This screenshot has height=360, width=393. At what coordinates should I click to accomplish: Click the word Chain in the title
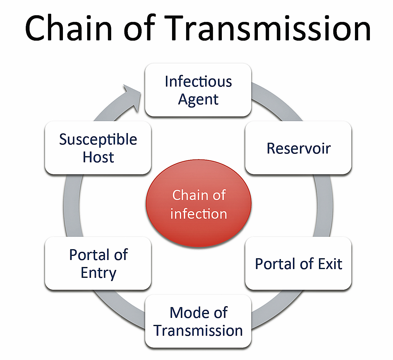click(69, 28)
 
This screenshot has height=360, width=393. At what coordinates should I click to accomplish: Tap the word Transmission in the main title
click(268, 28)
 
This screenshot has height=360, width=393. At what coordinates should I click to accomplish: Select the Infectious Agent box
click(198, 90)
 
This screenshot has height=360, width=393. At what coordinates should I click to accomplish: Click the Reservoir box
click(298, 148)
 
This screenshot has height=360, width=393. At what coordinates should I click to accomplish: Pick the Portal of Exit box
click(298, 263)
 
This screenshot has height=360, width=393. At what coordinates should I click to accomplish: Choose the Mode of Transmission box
click(198, 321)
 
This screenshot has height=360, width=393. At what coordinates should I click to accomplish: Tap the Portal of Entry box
click(98, 263)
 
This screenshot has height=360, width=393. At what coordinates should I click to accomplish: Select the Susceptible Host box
click(98, 148)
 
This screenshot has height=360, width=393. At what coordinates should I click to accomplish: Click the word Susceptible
click(98, 140)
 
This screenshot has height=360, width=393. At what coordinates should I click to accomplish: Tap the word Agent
click(198, 100)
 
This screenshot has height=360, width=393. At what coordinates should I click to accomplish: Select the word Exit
click(330, 264)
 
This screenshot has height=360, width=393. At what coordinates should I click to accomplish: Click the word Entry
click(98, 273)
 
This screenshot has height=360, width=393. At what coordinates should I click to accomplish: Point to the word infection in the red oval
click(199, 214)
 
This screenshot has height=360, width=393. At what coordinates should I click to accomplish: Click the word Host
click(98, 157)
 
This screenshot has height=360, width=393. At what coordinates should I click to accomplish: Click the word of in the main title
click(139, 28)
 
